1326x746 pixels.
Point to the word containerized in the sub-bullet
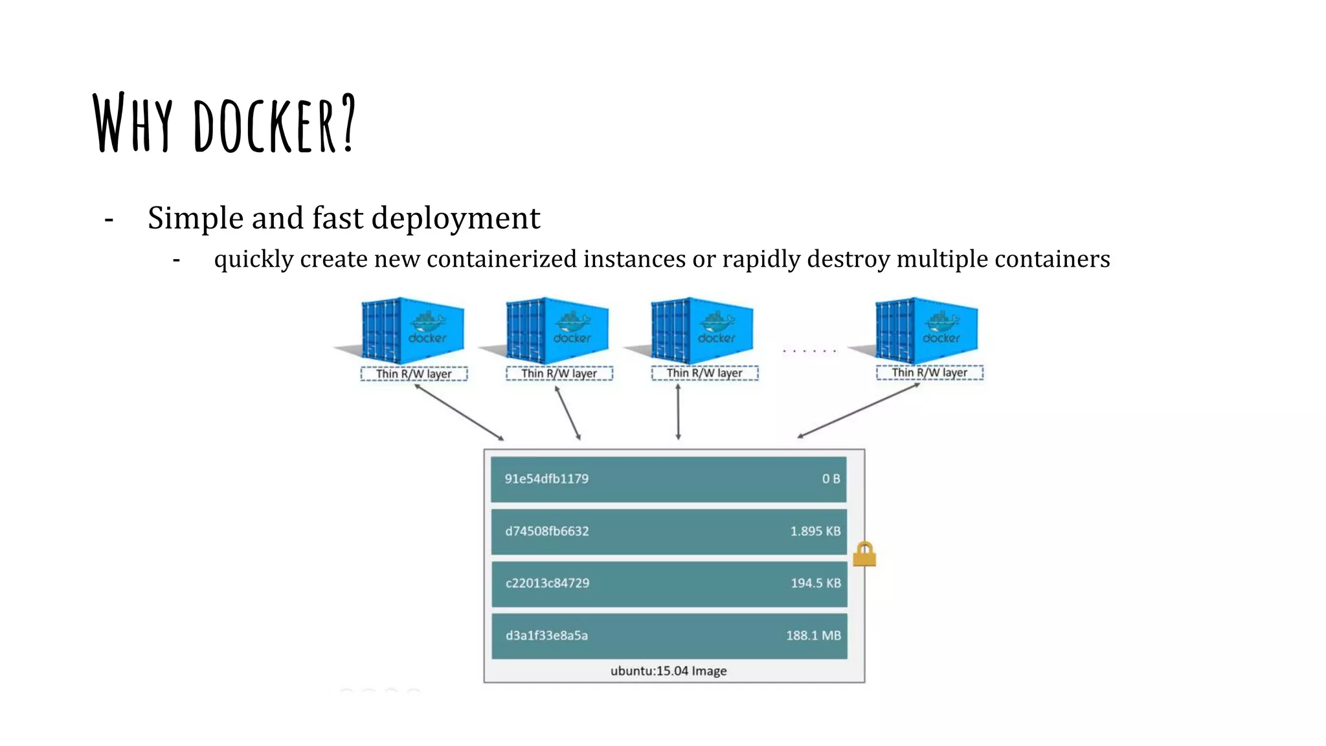click(x=501, y=259)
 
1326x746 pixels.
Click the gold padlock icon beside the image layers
click(x=864, y=555)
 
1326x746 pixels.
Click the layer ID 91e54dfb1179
click(x=546, y=479)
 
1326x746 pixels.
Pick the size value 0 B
click(x=831, y=479)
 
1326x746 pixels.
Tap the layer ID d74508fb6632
click(x=547, y=531)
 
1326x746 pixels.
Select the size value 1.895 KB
click(x=815, y=531)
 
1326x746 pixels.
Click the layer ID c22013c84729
click(x=547, y=583)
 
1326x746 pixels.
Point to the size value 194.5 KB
click(x=815, y=583)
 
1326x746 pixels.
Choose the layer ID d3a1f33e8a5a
click(x=546, y=635)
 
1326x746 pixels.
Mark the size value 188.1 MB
click(x=813, y=635)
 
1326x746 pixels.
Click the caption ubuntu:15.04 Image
click(x=668, y=671)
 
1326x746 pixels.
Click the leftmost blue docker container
click(x=412, y=330)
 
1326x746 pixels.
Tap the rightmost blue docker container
click(x=927, y=330)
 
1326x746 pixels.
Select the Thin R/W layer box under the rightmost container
click(x=929, y=372)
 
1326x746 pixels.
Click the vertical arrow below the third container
click(x=678, y=412)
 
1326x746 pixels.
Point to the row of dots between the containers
click(x=809, y=351)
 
